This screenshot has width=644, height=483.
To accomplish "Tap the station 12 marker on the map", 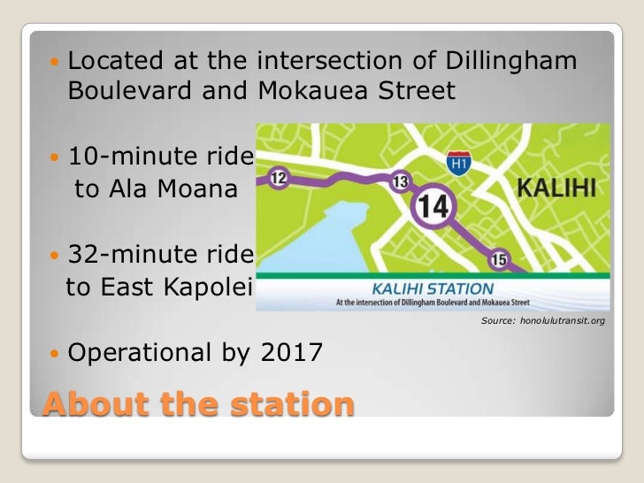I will (x=278, y=179).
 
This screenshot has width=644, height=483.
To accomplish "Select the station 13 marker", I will (x=401, y=181).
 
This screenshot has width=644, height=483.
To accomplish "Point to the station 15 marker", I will (x=499, y=258).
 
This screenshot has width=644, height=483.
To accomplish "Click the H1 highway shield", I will (x=458, y=164).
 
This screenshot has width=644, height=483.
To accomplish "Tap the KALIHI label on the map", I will (x=554, y=188).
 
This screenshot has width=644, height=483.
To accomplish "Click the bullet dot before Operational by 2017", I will (x=56, y=354).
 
